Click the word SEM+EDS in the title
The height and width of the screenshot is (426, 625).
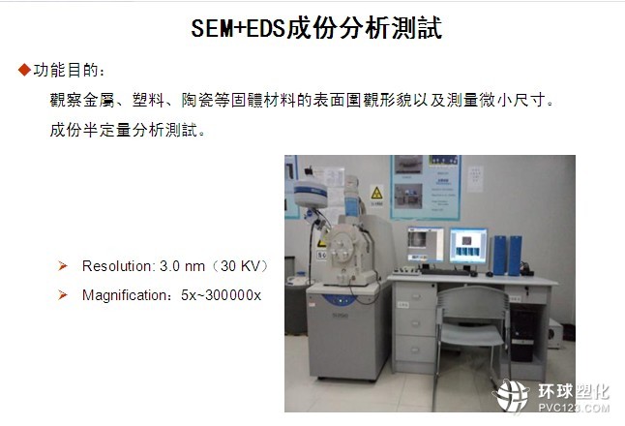tap(238, 28)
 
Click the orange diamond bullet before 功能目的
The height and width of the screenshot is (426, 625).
tap(24, 70)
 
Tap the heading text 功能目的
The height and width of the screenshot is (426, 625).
tap(66, 70)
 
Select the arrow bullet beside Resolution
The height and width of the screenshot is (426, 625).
tap(63, 265)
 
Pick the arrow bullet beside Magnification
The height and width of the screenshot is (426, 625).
tap(63, 295)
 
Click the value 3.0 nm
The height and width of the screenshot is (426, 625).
tap(182, 266)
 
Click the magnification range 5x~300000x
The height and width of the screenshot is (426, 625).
tap(221, 295)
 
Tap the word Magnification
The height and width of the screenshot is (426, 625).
tap(125, 295)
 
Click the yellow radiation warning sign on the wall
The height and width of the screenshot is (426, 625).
tap(376, 194)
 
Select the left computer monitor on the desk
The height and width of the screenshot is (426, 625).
tap(426, 244)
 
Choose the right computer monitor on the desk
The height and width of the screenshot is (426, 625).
tap(468, 246)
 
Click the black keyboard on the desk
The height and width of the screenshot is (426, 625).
tap(445, 272)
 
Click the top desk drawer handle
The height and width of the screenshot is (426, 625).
tap(415, 296)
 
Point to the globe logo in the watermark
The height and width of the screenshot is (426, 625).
tap(511, 396)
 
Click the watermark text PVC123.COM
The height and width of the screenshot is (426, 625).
tap(574, 408)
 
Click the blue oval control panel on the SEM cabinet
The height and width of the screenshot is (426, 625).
tap(340, 299)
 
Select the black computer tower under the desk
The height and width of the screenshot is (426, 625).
tap(521, 335)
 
